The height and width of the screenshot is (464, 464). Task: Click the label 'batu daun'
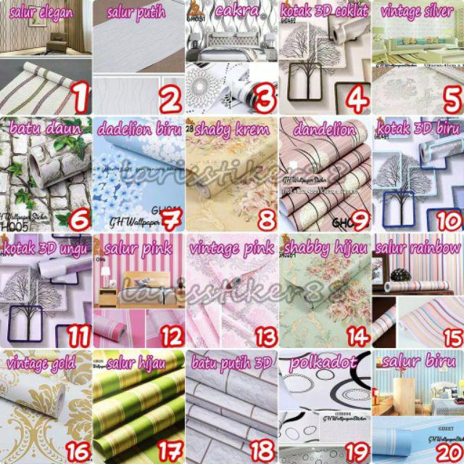(x=41, y=129)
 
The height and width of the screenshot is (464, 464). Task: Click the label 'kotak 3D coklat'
(x=324, y=11)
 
